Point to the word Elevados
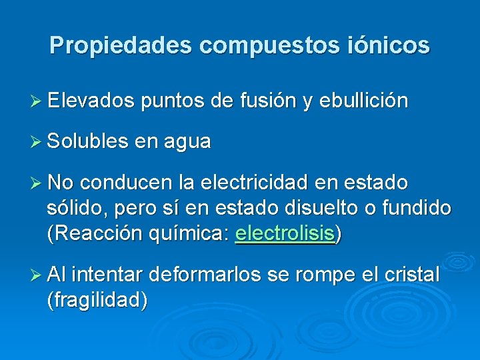click(x=91, y=101)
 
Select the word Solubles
click(x=85, y=141)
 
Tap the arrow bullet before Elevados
click(x=37, y=101)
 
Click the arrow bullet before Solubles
click(x=37, y=141)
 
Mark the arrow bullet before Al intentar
click(x=37, y=275)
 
